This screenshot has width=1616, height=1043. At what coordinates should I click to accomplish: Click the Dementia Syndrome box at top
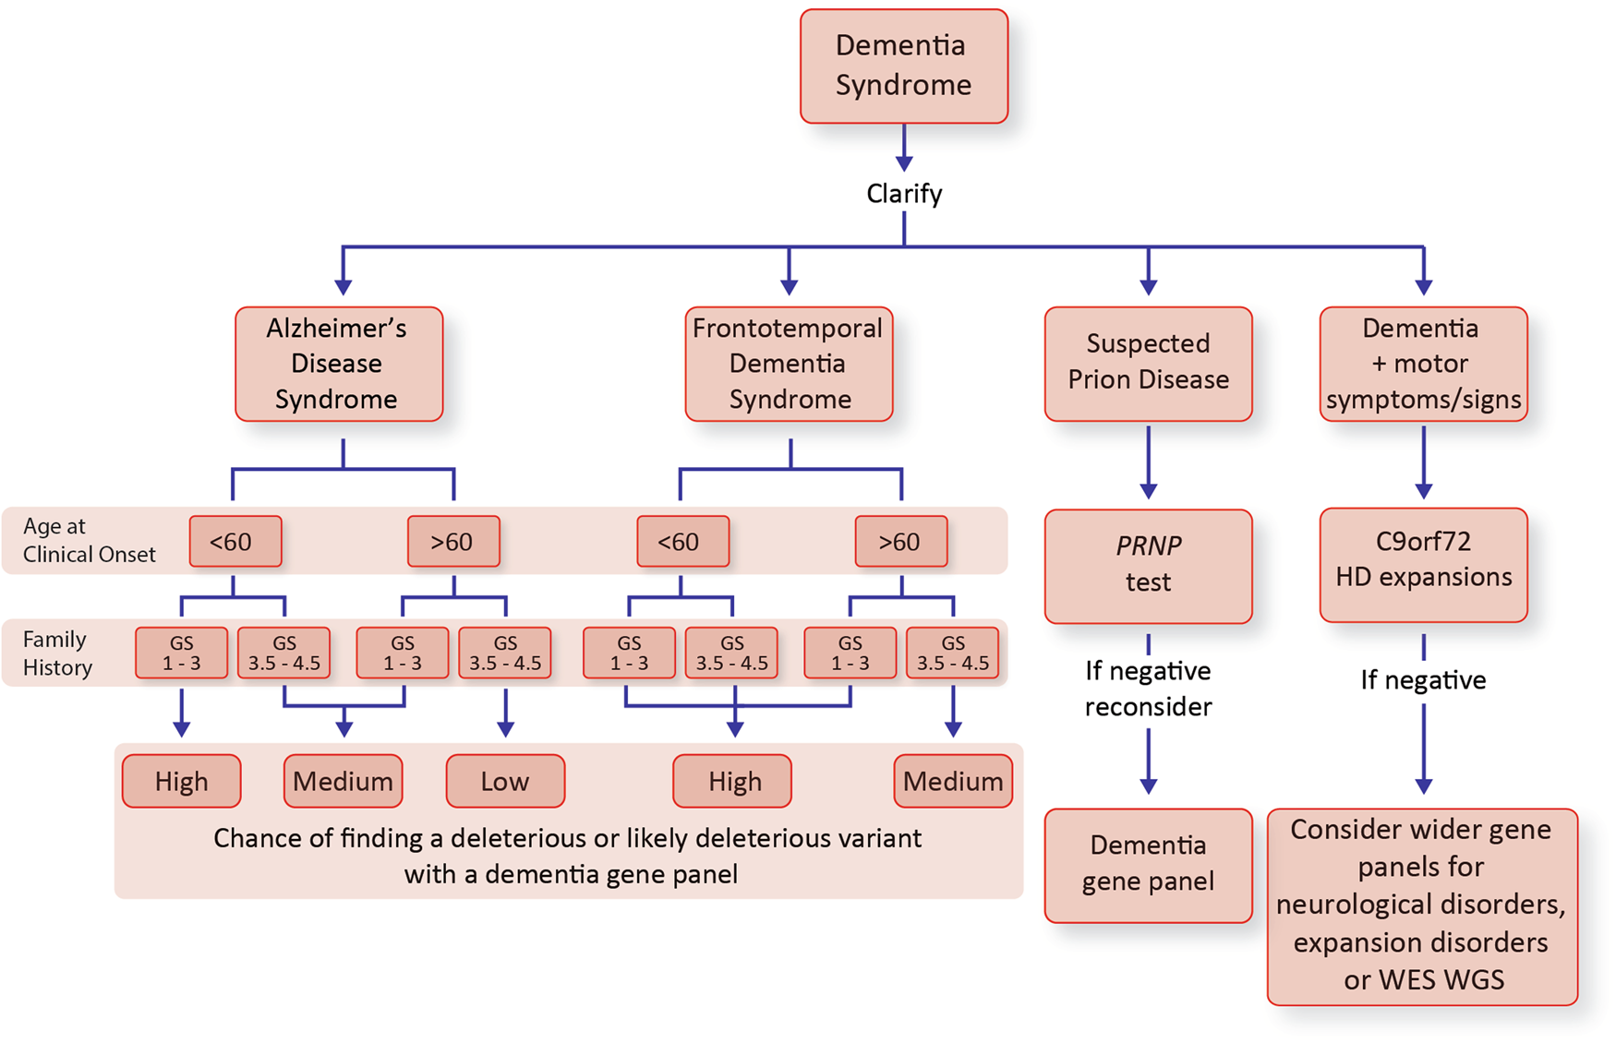(x=903, y=66)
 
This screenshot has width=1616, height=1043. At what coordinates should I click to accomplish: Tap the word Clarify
(x=903, y=194)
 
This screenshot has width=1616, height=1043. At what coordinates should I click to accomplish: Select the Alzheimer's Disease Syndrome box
(x=338, y=364)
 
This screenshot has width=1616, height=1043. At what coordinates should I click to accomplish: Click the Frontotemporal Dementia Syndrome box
(x=789, y=364)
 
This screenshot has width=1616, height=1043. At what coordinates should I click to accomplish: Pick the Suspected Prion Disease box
(x=1148, y=364)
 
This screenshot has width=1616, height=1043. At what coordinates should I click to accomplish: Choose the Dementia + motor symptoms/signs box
(x=1423, y=364)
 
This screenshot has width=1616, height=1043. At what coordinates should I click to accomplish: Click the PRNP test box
(x=1148, y=565)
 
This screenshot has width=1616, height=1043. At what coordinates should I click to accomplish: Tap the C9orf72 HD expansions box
(x=1423, y=564)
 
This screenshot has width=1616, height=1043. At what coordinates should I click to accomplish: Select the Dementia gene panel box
(x=1148, y=865)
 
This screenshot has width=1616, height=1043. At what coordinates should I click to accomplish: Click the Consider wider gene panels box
(x=1421, y=905)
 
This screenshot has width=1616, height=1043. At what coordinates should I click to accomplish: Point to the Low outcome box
(x=505, y=781)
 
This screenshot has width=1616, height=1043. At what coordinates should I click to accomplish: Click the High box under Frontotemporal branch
(x=733, y=781)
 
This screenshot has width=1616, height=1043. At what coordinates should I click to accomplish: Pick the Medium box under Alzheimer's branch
(x=343, y=781)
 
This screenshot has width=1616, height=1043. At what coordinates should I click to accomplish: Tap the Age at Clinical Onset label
(x=89, y=540)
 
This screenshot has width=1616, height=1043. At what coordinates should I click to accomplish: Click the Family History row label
(x=57, y=653)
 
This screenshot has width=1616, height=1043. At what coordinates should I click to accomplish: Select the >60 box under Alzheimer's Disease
(x=453, y=541)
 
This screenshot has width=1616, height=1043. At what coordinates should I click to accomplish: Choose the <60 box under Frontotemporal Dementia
(x=681, y=541)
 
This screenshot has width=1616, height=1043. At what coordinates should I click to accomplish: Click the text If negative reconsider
(x=1148, y=689)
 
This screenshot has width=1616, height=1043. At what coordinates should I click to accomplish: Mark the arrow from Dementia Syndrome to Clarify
(x=903, y=148)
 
